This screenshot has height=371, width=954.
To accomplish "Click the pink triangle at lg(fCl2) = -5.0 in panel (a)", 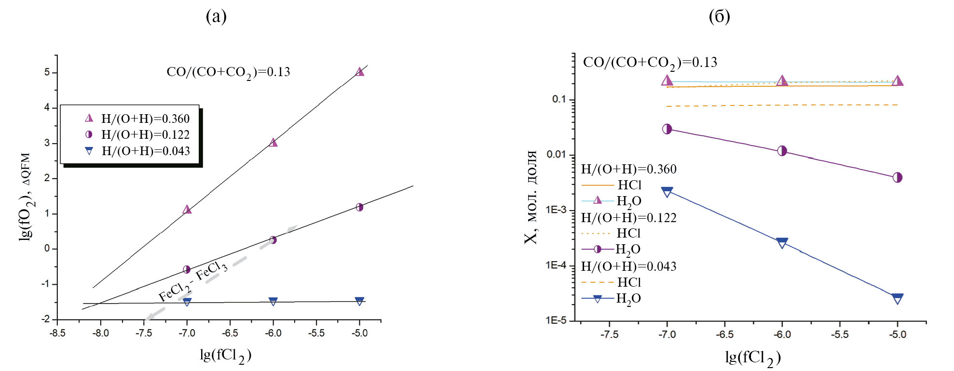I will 359,72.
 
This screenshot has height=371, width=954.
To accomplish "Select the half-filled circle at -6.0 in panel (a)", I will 273,240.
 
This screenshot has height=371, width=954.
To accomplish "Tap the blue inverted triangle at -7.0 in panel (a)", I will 187,302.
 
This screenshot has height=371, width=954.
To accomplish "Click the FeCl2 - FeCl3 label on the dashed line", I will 193,281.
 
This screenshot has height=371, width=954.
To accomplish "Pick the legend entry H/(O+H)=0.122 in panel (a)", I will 145,134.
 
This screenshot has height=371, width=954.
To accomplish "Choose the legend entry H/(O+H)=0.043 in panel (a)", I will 145,151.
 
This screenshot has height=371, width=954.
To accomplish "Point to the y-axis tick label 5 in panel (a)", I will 47,72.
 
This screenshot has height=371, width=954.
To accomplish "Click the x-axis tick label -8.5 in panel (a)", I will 57,333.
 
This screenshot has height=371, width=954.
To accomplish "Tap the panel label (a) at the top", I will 216,16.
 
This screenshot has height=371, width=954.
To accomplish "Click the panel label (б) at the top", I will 719,16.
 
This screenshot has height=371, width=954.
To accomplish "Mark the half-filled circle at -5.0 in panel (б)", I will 897,177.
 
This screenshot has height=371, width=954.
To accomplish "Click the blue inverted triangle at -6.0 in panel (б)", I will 782,242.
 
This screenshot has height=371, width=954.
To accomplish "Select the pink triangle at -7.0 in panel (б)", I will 667,80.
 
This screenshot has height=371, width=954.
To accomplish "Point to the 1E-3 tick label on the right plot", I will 556,210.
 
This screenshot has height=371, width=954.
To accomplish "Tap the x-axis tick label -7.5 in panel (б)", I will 610,334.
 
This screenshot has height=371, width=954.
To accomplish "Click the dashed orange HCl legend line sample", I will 597,282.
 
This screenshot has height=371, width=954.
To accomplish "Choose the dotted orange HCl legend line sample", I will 597,233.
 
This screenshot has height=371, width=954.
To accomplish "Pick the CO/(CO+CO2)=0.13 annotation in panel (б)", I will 650,63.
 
